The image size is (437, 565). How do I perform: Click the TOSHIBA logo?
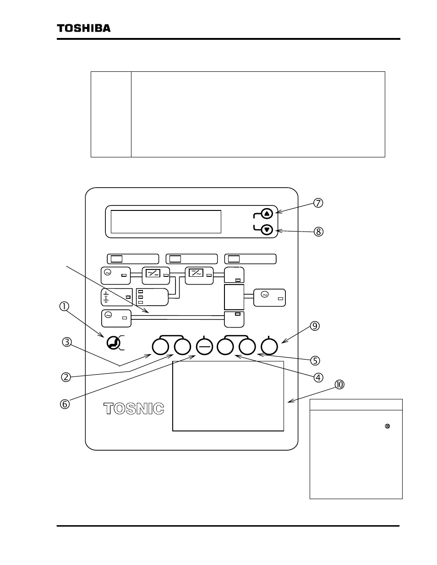[83, 28]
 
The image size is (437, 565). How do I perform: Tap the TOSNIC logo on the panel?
[134, 409]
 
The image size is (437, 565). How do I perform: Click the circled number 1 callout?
[64, 307]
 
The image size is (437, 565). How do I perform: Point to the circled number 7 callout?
[318, 203]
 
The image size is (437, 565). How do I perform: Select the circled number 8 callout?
[318, 231]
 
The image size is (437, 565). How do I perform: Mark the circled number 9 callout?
[315, 326]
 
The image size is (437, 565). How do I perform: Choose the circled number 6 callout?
[65, 404]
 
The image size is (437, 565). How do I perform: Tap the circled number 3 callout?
[67, 342]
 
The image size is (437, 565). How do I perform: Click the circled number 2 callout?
[66, 377]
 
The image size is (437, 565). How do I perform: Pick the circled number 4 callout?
[318, 377]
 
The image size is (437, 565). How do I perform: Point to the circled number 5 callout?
[315, 361]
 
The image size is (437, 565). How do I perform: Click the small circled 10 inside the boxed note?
[387, 426]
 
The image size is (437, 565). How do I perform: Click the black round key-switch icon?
[114, 343]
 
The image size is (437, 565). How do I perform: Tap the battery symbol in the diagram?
[106, 297]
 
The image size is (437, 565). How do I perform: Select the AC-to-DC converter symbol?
[153, 273]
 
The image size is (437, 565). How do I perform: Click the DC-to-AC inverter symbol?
[196, 273]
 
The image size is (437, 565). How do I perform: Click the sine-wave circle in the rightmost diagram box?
[264, 294]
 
